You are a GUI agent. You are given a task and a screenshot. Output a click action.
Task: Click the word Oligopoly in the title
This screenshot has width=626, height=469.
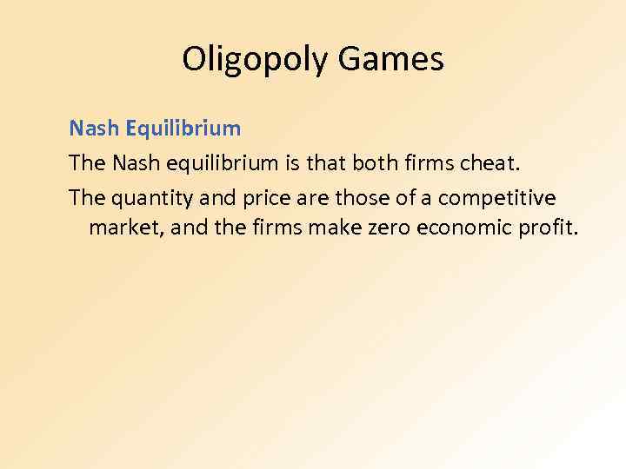(x=256, y=60)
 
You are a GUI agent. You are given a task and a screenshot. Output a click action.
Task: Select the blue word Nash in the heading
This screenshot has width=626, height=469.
(x=95, y=129)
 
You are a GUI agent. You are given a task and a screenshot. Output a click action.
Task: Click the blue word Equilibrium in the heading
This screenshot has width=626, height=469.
(x=183, y=129)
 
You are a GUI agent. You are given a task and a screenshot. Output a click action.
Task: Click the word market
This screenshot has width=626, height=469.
(x=123, y=229)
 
